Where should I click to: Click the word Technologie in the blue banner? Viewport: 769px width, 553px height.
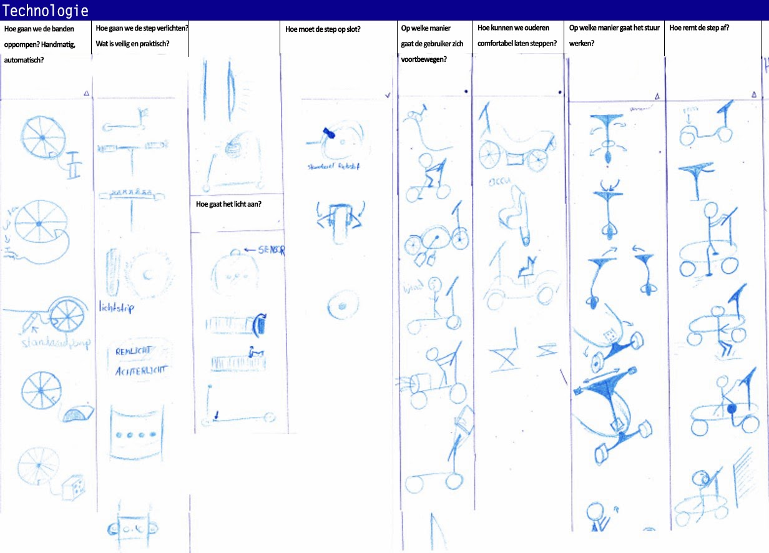[45, 11]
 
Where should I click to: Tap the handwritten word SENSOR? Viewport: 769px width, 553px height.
[271, 250]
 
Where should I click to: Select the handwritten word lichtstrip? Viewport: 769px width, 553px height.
[116, 307]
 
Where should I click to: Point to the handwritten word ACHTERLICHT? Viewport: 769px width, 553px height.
[140, 370]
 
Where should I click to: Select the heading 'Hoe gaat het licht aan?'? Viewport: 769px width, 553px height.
[228, 204]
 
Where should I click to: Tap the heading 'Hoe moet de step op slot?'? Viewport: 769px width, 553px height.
[323, 29]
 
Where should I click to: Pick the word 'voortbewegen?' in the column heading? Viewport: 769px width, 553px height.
[424, 60]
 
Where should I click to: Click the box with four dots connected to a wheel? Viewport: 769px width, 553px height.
[74, 487]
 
